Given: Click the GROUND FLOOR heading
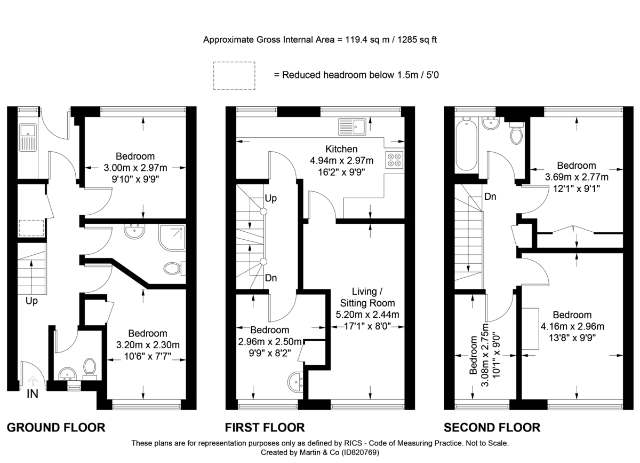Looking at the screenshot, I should pos(55,427).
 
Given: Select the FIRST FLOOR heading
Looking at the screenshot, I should pos(265,427).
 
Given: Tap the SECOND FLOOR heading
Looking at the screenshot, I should pos(492,427).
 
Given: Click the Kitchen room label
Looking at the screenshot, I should pos(341,149).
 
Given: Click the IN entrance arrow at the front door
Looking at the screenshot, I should pos(33,381).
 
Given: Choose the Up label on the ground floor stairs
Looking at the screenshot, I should pos(32,301).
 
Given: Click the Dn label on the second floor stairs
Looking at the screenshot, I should pos(491,197).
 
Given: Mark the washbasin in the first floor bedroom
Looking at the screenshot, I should pos(296,381).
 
